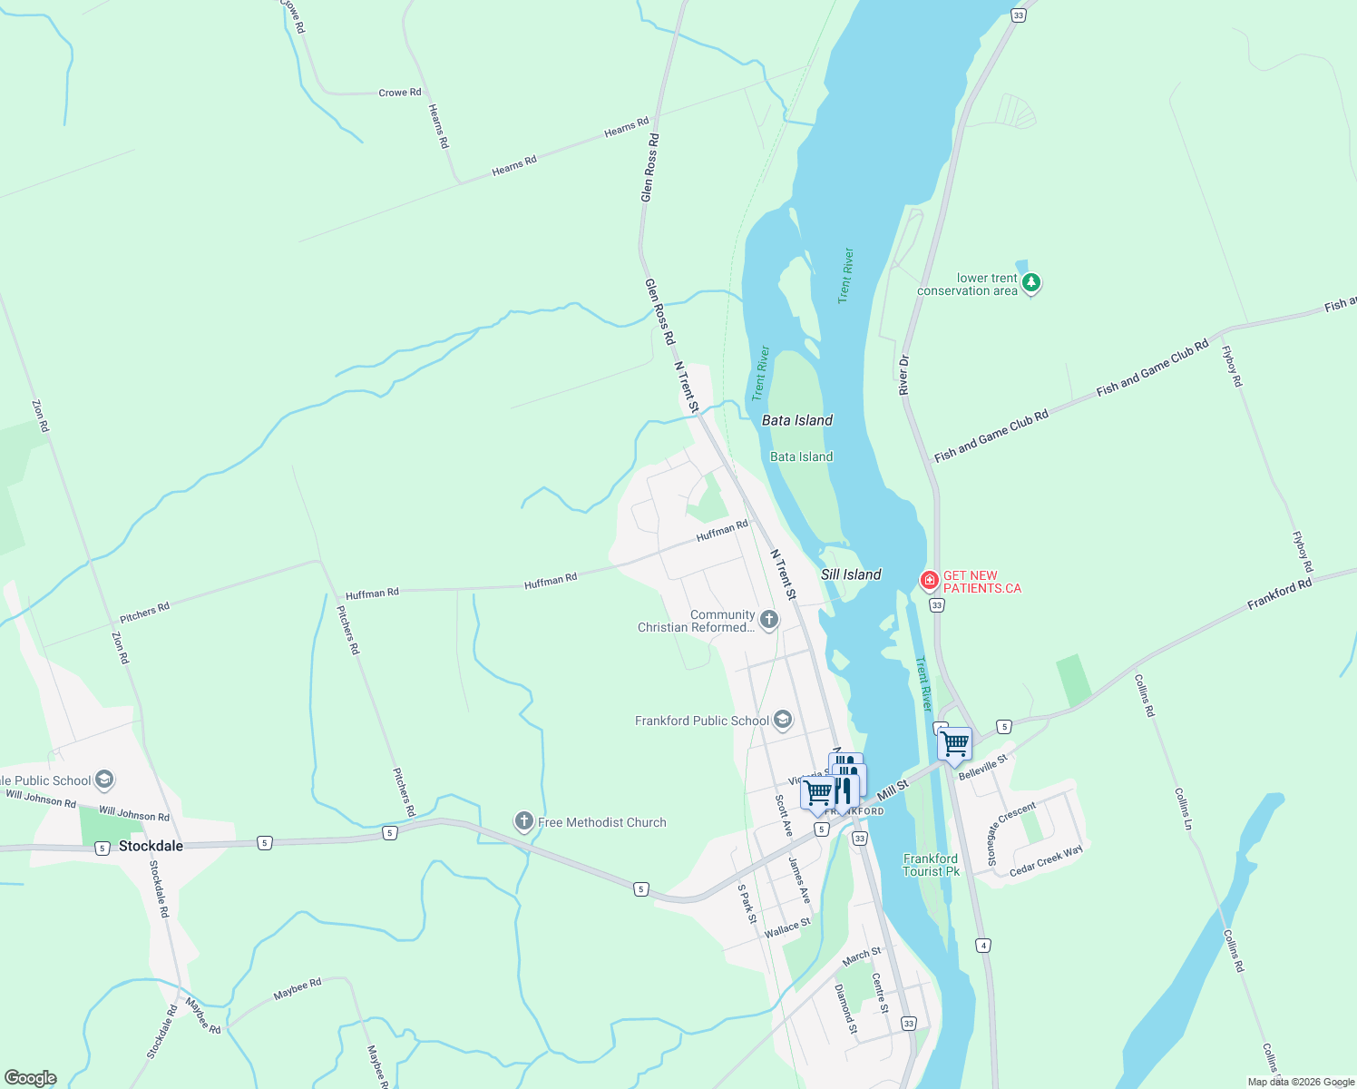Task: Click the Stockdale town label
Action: pos(151,846)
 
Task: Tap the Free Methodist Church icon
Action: pos(523,822)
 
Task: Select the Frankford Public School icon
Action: pos(783,721)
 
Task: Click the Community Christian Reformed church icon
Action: pos(769,621)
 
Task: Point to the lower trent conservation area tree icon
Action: pos(1030,283)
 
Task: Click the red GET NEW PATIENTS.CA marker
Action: pos(930,581)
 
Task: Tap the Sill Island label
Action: pos(851,574)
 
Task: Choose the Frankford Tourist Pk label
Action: pos(931,865)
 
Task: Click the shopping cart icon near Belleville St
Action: pos(954,744)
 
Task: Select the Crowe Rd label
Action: pos(399,93)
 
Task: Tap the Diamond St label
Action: pos(845,1009)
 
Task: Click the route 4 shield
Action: pos(983,946)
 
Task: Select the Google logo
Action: pos(31,1078)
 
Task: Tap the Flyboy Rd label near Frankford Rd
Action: pos(1302,552)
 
